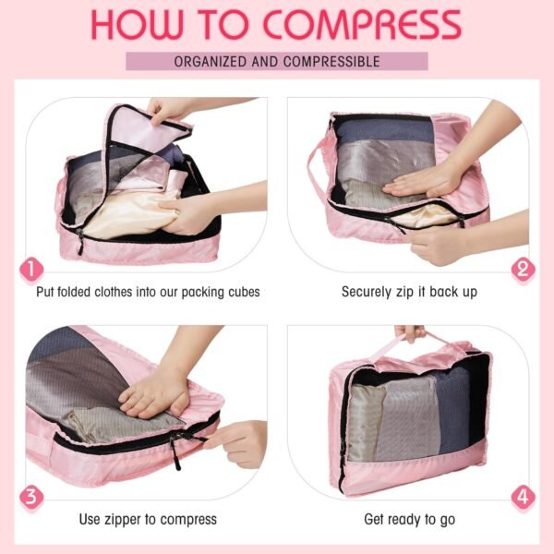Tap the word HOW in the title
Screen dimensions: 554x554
[139, 24]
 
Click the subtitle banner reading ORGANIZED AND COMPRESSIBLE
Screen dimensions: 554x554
[277, 62]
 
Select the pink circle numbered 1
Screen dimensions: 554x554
[31, 270]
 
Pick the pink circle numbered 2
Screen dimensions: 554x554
[524, 270]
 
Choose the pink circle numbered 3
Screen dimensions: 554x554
[31, 497]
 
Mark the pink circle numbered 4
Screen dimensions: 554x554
[524, 497]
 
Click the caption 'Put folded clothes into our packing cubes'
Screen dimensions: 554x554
[148, 292]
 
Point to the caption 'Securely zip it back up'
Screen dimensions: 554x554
[409, 292]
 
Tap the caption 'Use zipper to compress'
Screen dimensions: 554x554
[148, 519]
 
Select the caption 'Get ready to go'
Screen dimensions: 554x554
[409, 519]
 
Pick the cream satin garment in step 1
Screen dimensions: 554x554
[129, 208]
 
